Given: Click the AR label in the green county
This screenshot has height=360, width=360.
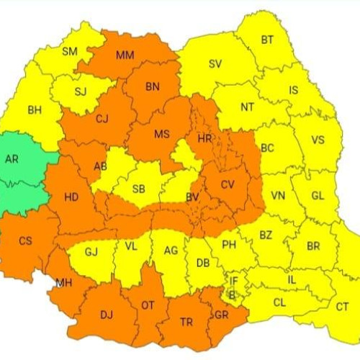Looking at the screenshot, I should pyautogui.click(x=12, y=160).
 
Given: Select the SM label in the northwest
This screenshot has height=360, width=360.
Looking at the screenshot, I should pyautogui.click(x=70, y=51).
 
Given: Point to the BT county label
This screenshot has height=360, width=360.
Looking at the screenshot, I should pyautogui.click(x=267, y=40).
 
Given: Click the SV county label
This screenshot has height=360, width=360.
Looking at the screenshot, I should pyautogui.click(x=215, y=63).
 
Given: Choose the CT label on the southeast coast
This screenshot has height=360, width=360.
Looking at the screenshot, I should pyautogui.click(x=343, y=307).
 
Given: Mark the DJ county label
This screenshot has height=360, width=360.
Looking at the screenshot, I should pyautogui.click(x=107, y=314).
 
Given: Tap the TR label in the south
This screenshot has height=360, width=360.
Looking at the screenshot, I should pyautogui.click(x=185, y=323).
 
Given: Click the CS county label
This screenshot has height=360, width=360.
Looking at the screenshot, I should pyautogui.click(x=25, y=241).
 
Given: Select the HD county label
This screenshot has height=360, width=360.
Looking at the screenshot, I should pyautogui.click(x=72, y=196).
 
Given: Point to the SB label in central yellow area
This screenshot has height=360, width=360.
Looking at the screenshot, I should pyautogui.click(x=140, y=189).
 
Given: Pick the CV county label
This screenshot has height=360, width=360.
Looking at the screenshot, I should pyautogui.click(x=228, y=185).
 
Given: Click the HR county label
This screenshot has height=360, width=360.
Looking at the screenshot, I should pyautogui.click(x=204, y=137).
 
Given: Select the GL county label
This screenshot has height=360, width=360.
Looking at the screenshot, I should pyautogui.click(x=318, y=196).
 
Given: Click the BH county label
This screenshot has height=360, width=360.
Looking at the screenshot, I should pyautogui.click(x=35, y=110).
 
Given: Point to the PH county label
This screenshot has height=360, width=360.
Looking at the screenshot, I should pyautogui.click(x=229, y=245).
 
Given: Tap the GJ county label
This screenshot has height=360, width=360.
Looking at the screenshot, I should pyautogui.click(x=91, y=252).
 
